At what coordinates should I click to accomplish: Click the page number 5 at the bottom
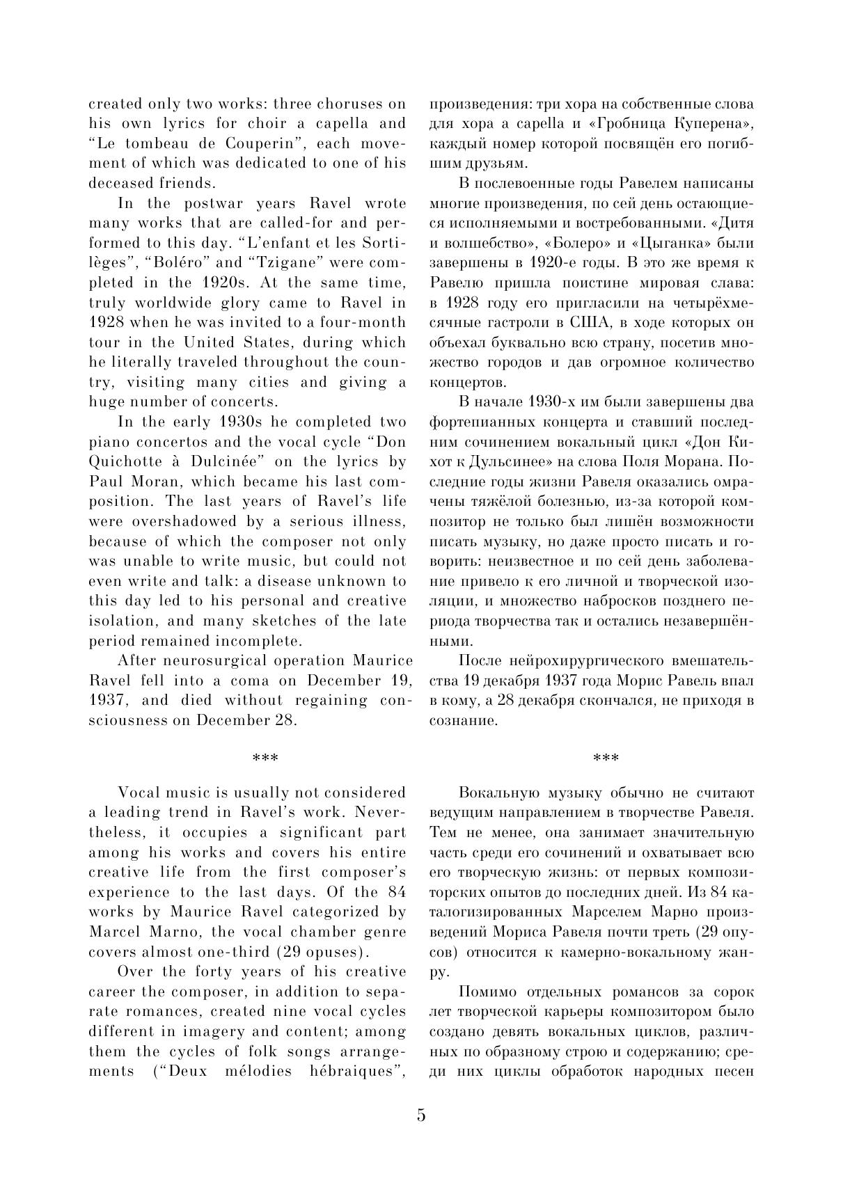tap(421, 1115)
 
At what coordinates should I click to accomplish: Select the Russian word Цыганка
tap(671, 244)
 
